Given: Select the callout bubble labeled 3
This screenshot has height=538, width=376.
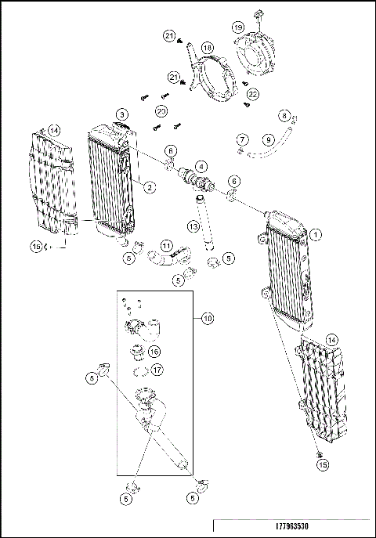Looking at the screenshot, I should click(123, 114).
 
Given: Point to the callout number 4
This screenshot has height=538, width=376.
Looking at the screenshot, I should click(201, 166).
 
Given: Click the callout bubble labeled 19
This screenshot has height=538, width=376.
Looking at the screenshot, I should click(237, 27).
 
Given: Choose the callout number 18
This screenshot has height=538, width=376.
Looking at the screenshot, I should click(208, 48).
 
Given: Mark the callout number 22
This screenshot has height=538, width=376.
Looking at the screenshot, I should click(253, 94).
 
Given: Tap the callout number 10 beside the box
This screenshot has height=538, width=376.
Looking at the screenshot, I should click(207, 319).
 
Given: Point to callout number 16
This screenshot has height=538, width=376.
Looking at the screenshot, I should click(154, 352).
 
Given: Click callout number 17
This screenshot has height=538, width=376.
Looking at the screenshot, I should click(157, 370).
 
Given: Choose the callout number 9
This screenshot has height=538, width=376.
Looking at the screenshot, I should click(268, 139).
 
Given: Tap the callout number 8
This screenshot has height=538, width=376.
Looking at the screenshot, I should click(284, 114).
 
